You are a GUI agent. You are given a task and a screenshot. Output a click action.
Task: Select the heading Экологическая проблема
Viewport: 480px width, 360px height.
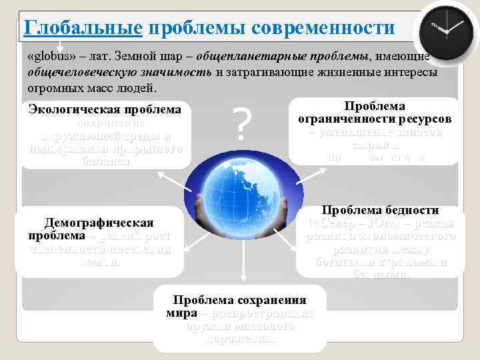point(105,109)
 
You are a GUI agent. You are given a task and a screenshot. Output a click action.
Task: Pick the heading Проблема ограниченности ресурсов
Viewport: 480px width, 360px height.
point(375,113)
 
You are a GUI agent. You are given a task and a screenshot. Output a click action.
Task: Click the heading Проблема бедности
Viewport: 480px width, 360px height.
point(381,209)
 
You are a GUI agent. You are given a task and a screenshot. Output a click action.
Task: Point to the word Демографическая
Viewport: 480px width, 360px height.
point(99,222)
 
